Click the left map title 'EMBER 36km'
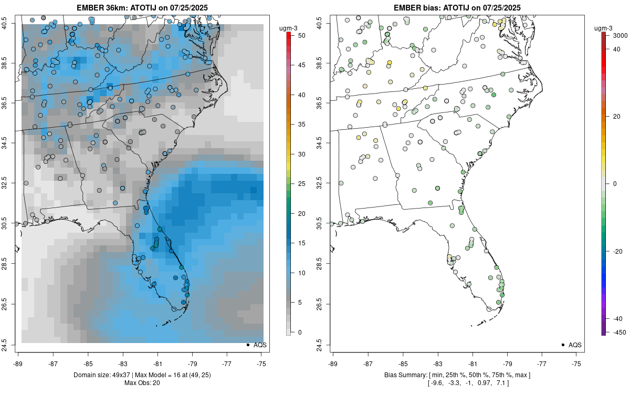coord(103,7)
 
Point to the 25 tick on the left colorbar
coord(298,184)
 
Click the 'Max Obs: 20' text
coord(142,382)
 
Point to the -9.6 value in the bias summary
coord(437,382)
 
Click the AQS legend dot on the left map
coord(247,345)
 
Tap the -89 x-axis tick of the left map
coord(18,364)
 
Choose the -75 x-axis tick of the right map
coord(577,364)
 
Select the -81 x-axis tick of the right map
coord(472,364)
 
